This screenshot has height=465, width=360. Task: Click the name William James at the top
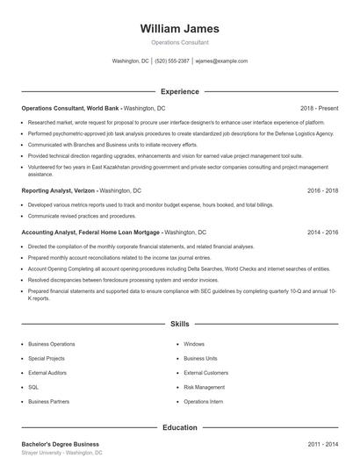point(179,28)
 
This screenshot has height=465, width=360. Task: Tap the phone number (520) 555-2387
point(172,61)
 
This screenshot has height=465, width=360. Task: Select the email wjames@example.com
point(220,61)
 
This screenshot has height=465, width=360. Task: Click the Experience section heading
point(179,91)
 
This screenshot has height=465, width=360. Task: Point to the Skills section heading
point(179,324)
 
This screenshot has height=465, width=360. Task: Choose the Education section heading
point(179,427)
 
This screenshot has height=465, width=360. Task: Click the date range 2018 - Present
point(319,108)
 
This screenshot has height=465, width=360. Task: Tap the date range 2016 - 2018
point(322,190)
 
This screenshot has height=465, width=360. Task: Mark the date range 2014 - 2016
point(322,232)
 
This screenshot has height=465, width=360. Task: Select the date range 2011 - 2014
point(322,444)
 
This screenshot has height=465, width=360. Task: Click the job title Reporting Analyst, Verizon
point(58,190)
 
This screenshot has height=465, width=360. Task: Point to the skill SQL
point(33,387)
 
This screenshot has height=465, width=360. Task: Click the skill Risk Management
point(204,387)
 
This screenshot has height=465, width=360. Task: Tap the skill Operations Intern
point(203,401)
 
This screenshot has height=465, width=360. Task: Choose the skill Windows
point(194,344)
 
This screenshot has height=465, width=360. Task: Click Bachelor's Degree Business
point(60,444)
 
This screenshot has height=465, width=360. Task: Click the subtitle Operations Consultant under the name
point(179,42)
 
